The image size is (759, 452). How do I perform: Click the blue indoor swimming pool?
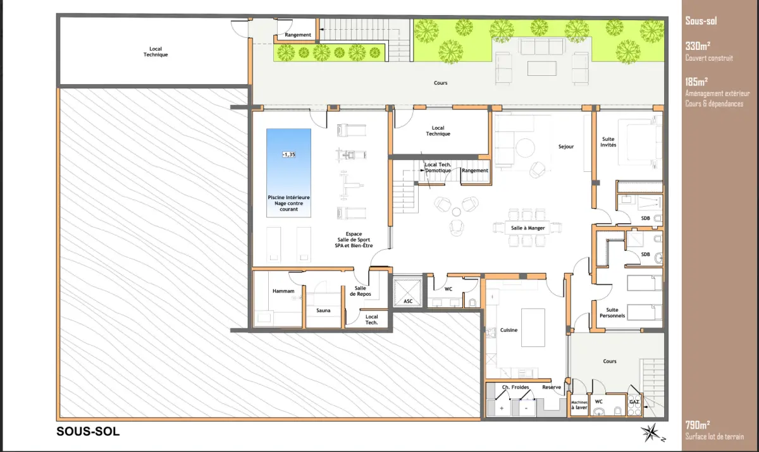[288, 173]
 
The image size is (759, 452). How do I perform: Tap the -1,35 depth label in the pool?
[288, 155]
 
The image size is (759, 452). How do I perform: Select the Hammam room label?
[283, 291]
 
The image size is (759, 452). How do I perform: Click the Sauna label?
[323, 310]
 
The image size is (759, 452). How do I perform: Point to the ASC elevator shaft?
[408, 291]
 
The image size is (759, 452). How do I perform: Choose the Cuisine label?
[509, 330]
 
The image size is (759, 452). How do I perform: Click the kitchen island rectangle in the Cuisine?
[533, 327]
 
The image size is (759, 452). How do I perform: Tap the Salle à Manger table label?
[528, 228]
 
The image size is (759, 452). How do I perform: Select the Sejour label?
[566, 147]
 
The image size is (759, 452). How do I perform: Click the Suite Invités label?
[608, 142]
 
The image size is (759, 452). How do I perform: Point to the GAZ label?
[634, 402]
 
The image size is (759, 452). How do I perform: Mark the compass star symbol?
[651, 432]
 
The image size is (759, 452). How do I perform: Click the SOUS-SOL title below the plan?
[88, 431]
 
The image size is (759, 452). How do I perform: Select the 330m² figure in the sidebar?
[698, 46]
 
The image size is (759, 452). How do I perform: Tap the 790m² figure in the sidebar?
[698, 425]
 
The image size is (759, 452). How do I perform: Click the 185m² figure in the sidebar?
[696, 82]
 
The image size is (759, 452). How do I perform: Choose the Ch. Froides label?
[515, 387]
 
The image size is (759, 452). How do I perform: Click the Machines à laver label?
[579, 405]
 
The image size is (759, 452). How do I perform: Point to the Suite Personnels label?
[612, 312]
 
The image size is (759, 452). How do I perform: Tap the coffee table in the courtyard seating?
[542, 68]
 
